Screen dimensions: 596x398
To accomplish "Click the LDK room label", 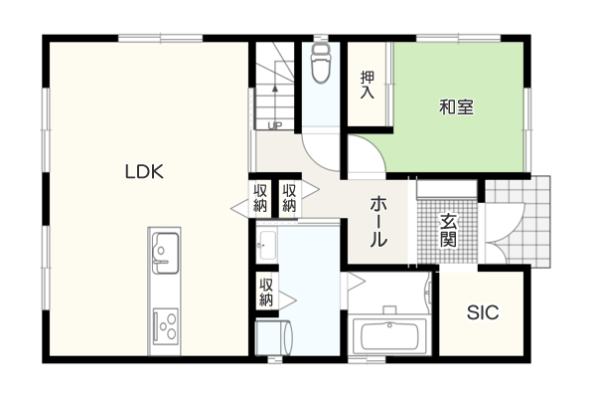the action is click(x=144, y=172).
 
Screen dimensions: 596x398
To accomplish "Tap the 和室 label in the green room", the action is click(x=456, y=107).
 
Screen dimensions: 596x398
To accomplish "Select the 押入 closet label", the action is click(x=368, y=85).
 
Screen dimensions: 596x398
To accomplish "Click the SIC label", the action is click(x=483, y=312).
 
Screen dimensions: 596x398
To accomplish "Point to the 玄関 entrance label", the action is click(x=448, y=230).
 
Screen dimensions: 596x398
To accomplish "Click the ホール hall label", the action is click(x=378, y=221).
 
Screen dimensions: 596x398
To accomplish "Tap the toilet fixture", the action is click(x=321, y=63).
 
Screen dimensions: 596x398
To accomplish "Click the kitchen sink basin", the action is click(x=165, y=253).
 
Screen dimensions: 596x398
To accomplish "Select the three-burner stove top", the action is click(x=165, y=326).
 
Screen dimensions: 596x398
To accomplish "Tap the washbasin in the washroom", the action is click(x=267, y=245).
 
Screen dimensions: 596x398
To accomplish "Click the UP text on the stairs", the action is click(x=274, y=125).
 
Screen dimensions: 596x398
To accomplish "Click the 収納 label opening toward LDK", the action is click(x=260, y=198).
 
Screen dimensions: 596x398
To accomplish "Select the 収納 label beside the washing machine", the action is click(x=266, y=293).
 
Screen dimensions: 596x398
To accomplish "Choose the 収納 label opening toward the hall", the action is click(x=289, y=198).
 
